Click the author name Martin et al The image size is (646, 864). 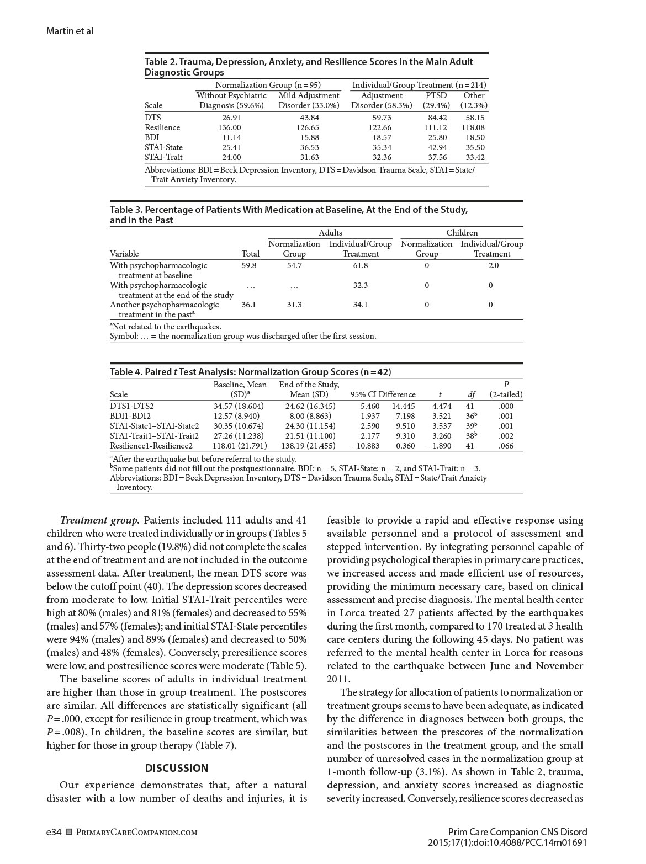[x=70, y=31]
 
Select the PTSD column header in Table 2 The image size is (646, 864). [x=436, y=95]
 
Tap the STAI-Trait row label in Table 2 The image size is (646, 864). [x=163, y=157]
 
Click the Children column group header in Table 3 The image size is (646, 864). [x=462, y=233]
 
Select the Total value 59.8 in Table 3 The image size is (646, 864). [x=249, y=265]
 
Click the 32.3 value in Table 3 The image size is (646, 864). [x=361, y=285]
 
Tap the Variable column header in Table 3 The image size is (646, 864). [x=124, y=254]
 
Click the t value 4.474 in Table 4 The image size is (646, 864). [x=442, y=406]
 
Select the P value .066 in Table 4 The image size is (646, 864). [x=506, y=446]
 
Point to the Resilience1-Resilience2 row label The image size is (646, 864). [x=151, y=446]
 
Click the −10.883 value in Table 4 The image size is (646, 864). [x=366, y=446]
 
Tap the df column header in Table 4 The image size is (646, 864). [x=471, y=394]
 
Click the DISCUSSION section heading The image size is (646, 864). [x=177, y=768]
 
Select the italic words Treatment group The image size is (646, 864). [x=100, y=520]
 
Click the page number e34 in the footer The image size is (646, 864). [x=54, y=832]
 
